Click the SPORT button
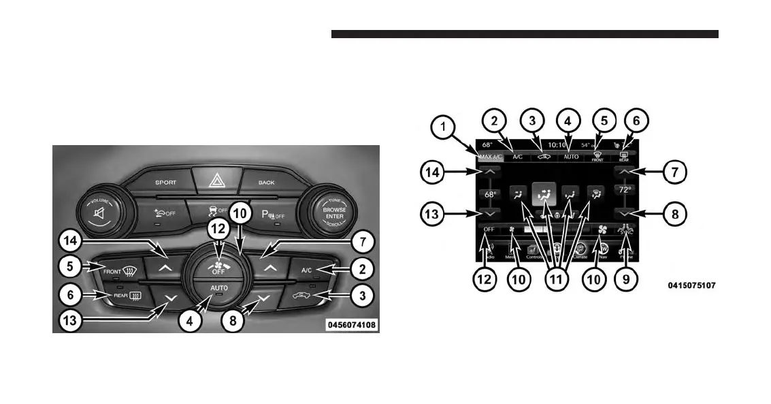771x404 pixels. click(x=165, y=183)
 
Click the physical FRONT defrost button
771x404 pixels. click(x=121, y=270)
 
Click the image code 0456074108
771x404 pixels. click(x=352, y=325)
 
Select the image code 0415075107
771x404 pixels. click(x=691, y=286)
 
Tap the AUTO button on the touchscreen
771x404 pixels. click(x=572, y=157)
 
